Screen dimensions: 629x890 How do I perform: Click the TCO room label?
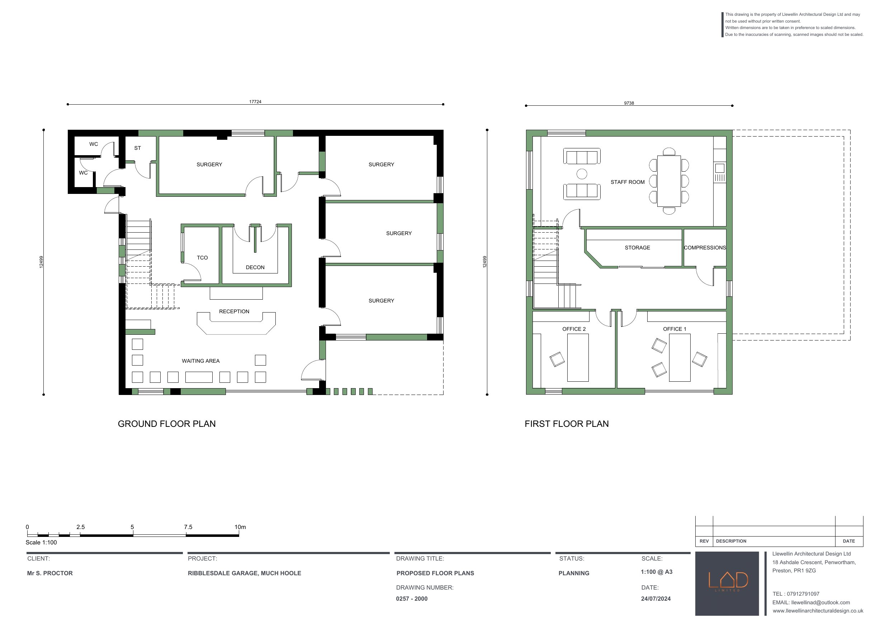(x=202, y=258)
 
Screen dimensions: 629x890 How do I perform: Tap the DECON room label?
(x=255, y=267)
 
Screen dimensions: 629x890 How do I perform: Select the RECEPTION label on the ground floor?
(x=234, y=311)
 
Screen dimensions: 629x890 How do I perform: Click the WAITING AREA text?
(x=200, y=361)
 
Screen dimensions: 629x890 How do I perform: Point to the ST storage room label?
(x=138, y=148)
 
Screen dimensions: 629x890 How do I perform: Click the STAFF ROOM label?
(x=627, y=182)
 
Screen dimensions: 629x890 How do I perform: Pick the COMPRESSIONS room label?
(x=704, y=248)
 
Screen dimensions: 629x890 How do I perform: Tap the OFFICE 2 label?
(x=574, y=329)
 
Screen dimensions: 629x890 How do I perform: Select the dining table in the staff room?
(x=669, y=181)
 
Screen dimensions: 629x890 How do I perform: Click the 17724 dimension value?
(x=255, y=101)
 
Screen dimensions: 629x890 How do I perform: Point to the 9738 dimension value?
(x=629, y=103)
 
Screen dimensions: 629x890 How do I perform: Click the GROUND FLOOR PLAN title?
(x=167, y=424)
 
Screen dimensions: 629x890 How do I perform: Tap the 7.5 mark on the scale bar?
(x=188, y=527)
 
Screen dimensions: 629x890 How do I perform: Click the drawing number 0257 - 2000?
(x=412, y=599)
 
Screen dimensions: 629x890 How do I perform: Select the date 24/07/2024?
(x=655, y=599)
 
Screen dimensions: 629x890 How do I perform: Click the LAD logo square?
(x=727, y=583)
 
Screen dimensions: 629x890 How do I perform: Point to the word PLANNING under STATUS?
(x=574, y=573)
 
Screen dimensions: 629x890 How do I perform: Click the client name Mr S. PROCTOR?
(x=50, y=573)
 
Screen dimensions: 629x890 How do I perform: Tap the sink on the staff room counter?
(x=719, y=168)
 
